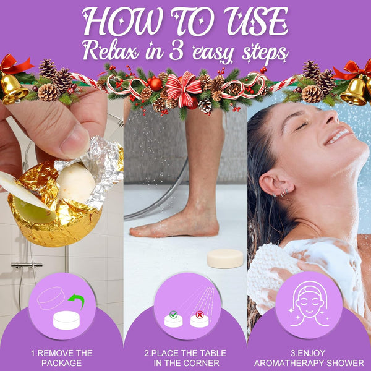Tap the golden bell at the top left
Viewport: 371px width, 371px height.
(14, 88)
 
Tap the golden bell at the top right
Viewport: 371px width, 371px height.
(355, 91)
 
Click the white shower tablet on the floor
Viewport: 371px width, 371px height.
(224, 258)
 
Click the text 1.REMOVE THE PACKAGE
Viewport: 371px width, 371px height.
(61, 358)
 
